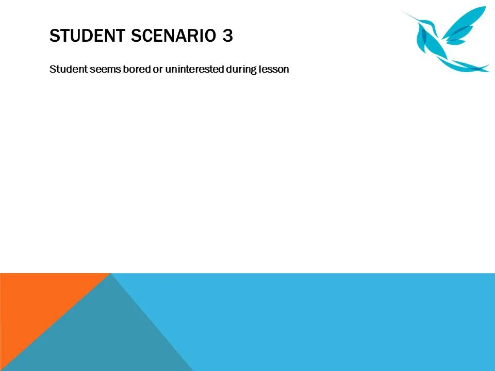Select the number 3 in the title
pyautogui.click(x=228, y=36)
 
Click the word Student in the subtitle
pyautogui.click(x=64, y=69)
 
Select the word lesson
pyautogui.click(x=274, y=69)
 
